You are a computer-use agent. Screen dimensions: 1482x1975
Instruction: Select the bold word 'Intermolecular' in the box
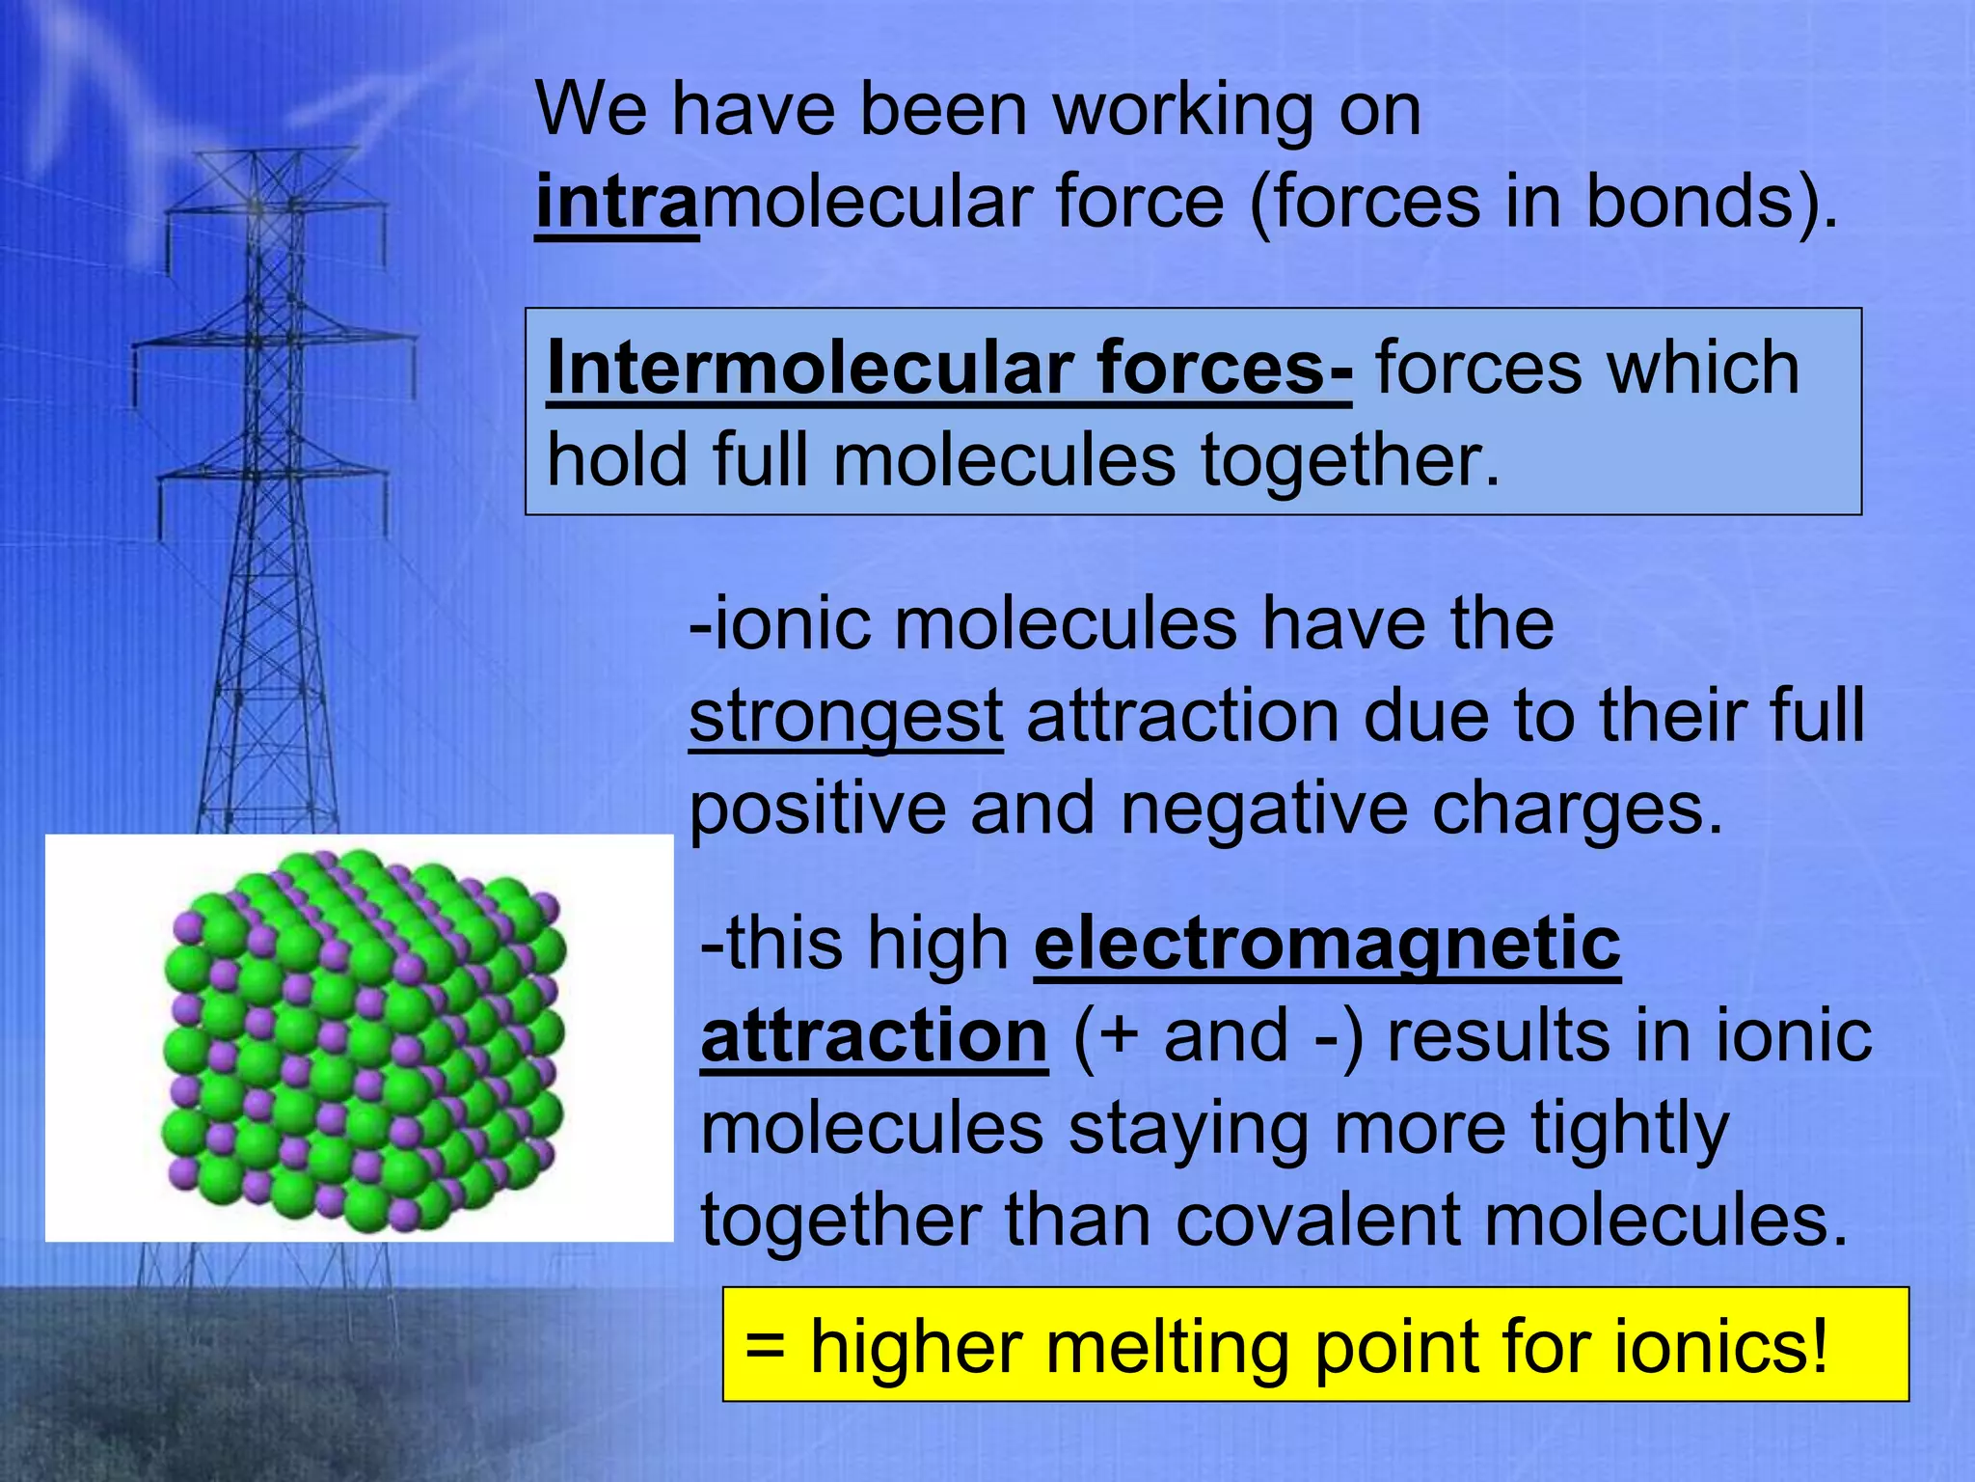[810, 369]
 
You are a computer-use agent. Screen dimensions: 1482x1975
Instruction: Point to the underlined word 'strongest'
[846, 718]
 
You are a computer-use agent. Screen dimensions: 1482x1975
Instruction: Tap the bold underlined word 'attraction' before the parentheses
[874, 1036]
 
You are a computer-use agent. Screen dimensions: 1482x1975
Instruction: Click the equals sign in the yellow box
[765, 1347]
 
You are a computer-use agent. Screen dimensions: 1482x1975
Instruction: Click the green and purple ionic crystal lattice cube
[362, 1042]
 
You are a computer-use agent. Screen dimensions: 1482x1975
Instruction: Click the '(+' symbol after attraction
[1106, 1037]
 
